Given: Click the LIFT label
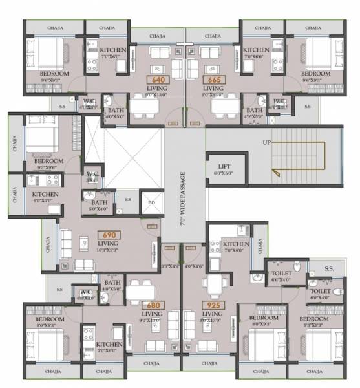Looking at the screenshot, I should click(224, 167).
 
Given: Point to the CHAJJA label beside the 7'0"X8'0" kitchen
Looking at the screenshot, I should click(260, 246).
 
